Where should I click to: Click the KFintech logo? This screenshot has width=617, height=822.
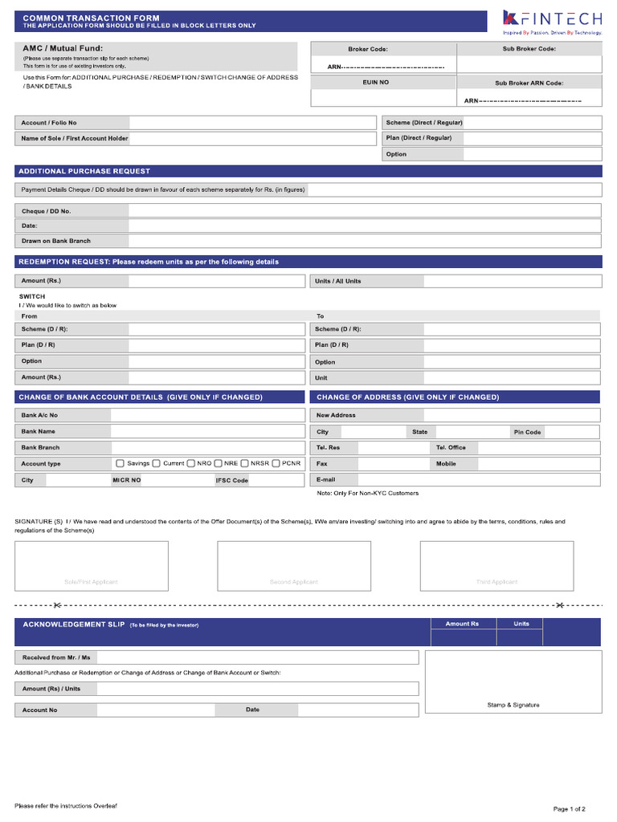[x=551, y=21]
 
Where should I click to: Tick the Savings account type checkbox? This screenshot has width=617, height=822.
[x=120, y=463]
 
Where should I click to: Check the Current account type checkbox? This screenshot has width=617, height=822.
[x=157, y=463]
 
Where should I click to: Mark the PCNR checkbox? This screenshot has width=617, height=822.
[x=276, y=463]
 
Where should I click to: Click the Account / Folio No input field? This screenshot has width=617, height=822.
[x=251, y=123]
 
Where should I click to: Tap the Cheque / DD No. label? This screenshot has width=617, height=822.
[x=47, y=211]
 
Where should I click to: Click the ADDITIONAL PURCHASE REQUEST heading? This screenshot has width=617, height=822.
[x=84, y=171]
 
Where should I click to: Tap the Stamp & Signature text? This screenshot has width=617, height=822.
[x=513, y=705]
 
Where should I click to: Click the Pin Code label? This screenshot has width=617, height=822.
[x=528, y=432]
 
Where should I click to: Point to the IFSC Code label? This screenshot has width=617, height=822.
[x=232, y=480]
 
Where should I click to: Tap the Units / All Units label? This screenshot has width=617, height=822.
[x=338, y=281]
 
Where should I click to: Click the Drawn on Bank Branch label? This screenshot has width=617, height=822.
[x=56, y=241]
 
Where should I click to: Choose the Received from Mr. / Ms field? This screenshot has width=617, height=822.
[x=257, y=657]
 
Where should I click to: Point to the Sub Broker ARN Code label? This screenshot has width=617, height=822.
[x=529, y=83]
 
